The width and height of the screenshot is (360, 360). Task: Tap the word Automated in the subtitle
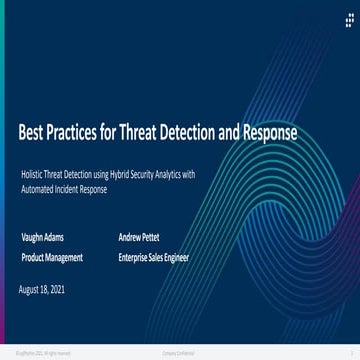click(x=35, y=188)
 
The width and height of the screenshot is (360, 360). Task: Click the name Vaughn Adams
click(x=42, y=237)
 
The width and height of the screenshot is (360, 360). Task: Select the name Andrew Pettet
click(x=138, y=237)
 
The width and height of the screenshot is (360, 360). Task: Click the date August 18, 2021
click(x=42, y=289)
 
